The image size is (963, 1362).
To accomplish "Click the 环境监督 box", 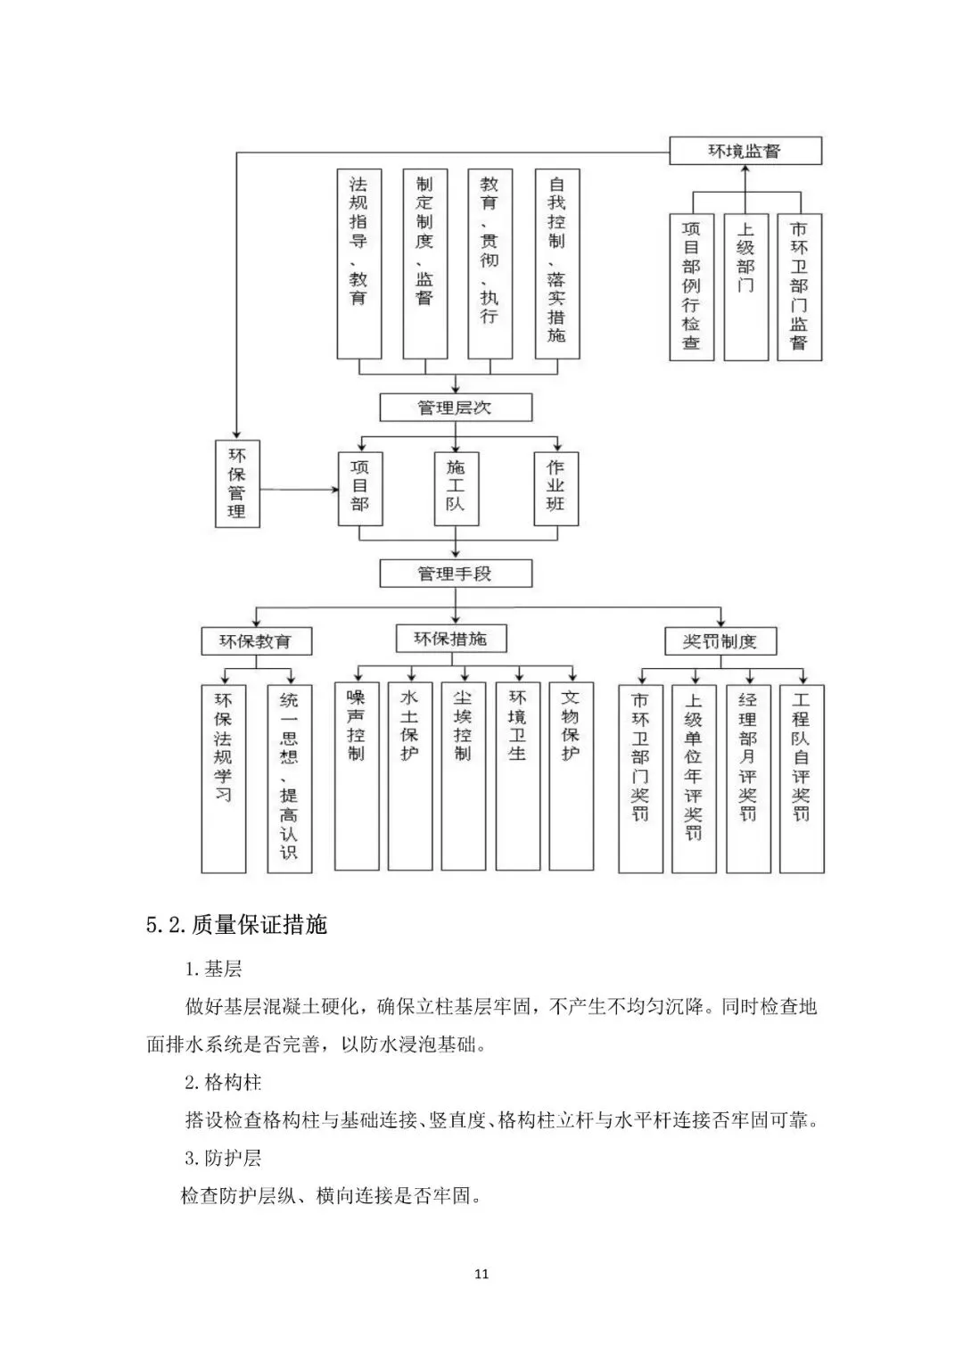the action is click(745, 151).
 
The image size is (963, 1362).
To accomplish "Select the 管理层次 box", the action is click(456, 408).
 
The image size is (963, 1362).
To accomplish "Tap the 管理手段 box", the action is click(456, 574).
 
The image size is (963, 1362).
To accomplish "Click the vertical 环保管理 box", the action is click(237, 483).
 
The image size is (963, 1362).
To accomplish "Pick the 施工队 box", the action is click(456, 488).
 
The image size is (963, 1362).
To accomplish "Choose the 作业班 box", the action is click(556, 488).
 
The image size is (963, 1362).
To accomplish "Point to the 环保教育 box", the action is click(257, 641).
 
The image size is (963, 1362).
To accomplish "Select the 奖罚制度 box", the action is click(720, 641).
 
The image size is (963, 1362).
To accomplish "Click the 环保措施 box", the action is click(451, 639).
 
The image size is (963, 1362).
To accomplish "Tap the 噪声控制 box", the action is click(357, 776).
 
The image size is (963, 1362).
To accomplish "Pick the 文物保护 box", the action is click(571, 776).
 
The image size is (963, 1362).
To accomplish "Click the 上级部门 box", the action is click(746, 287).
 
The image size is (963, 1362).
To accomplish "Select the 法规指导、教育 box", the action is click(359, 264).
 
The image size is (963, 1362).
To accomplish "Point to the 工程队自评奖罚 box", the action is click(802, 779).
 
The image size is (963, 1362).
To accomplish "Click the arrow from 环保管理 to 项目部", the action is click(299, 490).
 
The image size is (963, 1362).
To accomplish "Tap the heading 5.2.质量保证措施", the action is click(236, 925).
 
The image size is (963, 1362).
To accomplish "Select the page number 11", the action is click(481, 1273).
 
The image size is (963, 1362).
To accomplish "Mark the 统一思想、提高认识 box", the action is click(290, 779).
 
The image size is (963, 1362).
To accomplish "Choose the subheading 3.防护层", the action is click(223, 1158).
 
